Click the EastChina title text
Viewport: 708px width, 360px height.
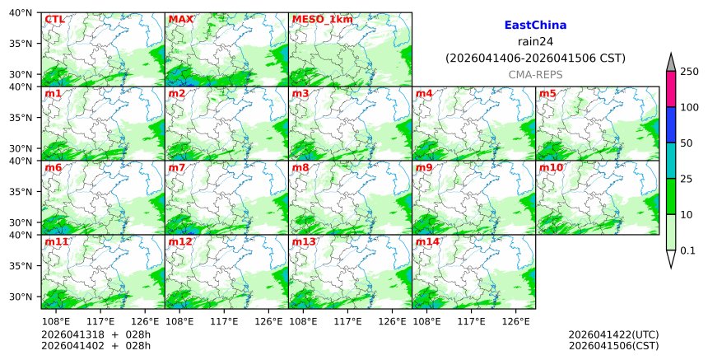pos(535,26)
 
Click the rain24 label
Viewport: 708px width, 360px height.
pos(535,42)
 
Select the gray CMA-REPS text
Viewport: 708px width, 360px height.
pos(535,75)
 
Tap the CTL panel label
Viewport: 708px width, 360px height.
pos(54,19)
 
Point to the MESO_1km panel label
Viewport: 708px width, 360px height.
pos(322,19)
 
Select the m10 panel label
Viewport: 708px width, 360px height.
pos(551,168)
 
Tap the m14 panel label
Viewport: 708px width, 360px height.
pos(427,242)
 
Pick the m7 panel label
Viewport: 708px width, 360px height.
pos(177,168)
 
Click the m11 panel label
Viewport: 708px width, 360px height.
pos(56,242)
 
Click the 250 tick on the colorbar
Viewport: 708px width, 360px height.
pos(689,72)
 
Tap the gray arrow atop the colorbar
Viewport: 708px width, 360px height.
pos(671,63)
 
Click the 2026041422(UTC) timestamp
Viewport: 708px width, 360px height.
pos(613,334)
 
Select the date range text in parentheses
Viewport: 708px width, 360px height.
pos(535,58)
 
